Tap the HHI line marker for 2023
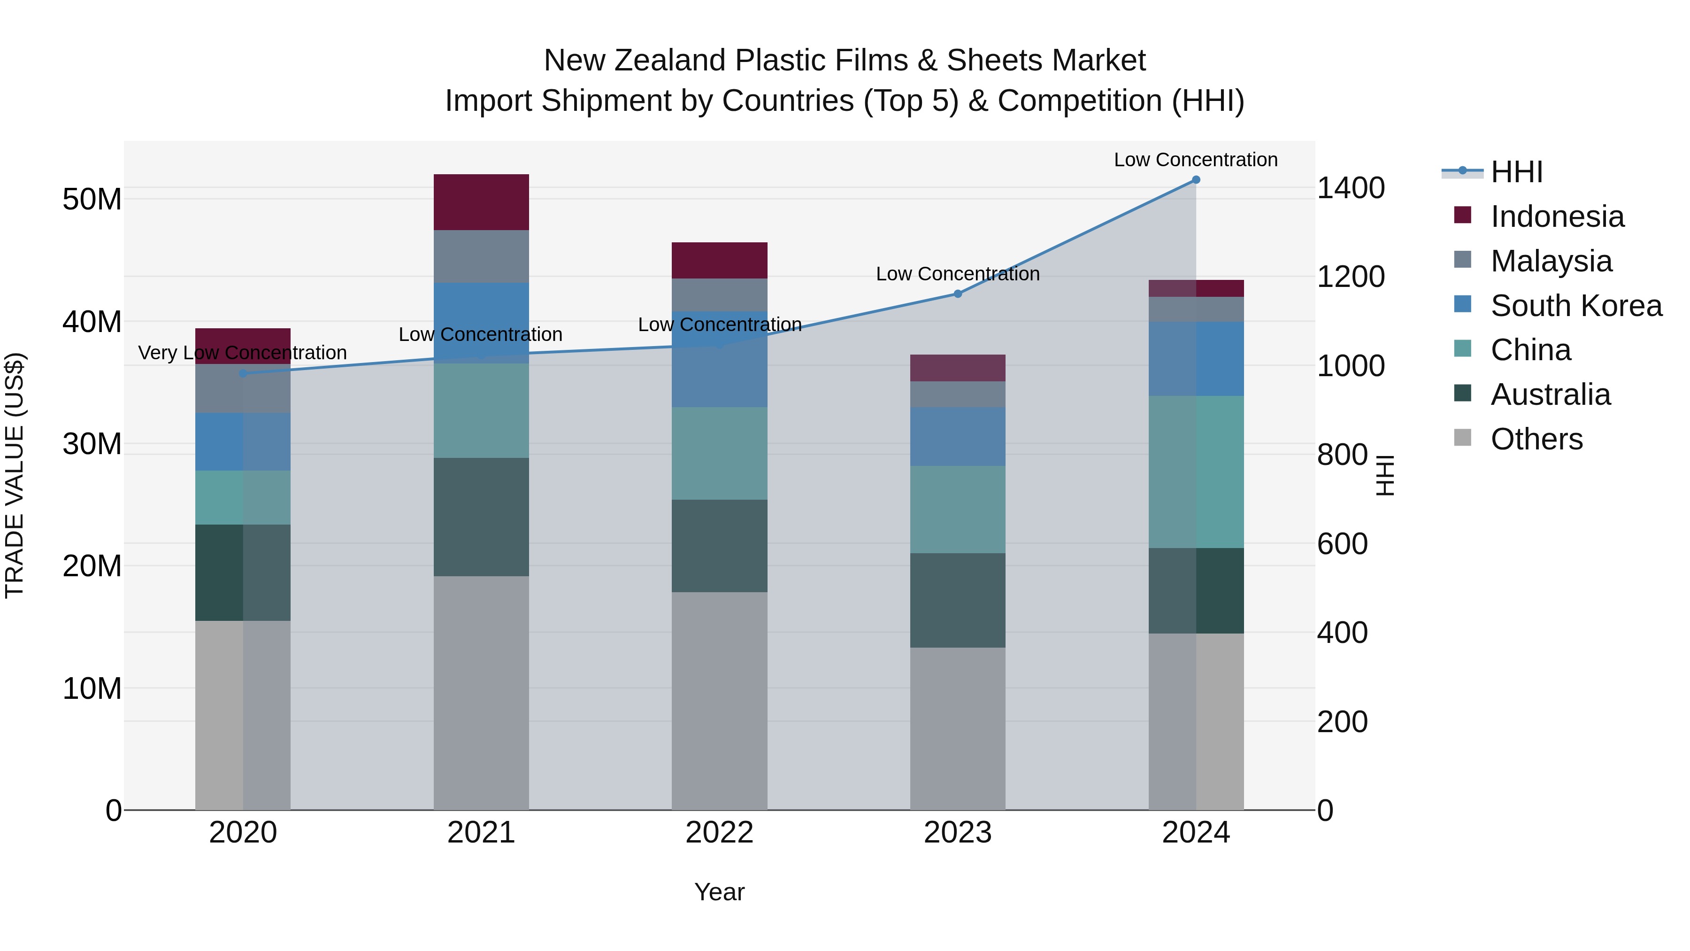957,294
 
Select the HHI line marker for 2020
243,373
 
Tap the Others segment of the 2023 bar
957,728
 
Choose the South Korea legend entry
1575,306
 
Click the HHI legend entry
1515,172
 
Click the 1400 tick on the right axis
1350,188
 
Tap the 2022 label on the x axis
719,833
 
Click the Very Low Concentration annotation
242,353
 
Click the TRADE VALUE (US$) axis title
15,475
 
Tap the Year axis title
719,892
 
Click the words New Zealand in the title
635,61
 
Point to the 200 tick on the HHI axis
1342,722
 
